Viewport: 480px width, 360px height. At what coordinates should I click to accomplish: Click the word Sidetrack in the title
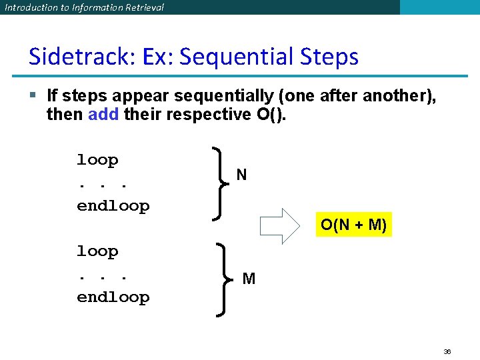coord(79,57)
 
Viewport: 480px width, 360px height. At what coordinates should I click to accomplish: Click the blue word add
coord(103,115)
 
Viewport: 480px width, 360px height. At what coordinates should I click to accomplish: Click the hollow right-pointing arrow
coord(281,225)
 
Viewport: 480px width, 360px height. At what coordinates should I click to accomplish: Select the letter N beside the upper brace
coord(241,175)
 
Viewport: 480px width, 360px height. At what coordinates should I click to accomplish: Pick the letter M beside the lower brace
coord(249,279)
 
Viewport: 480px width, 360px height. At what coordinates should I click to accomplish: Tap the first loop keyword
coord(97,160)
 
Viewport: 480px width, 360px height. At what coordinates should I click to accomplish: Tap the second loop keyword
coord(97,251)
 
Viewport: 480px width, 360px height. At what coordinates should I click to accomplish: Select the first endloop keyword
coord(113,206)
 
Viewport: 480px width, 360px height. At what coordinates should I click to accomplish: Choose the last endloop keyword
coord(113,297)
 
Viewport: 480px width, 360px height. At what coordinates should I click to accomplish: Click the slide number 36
coord(447,351)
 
